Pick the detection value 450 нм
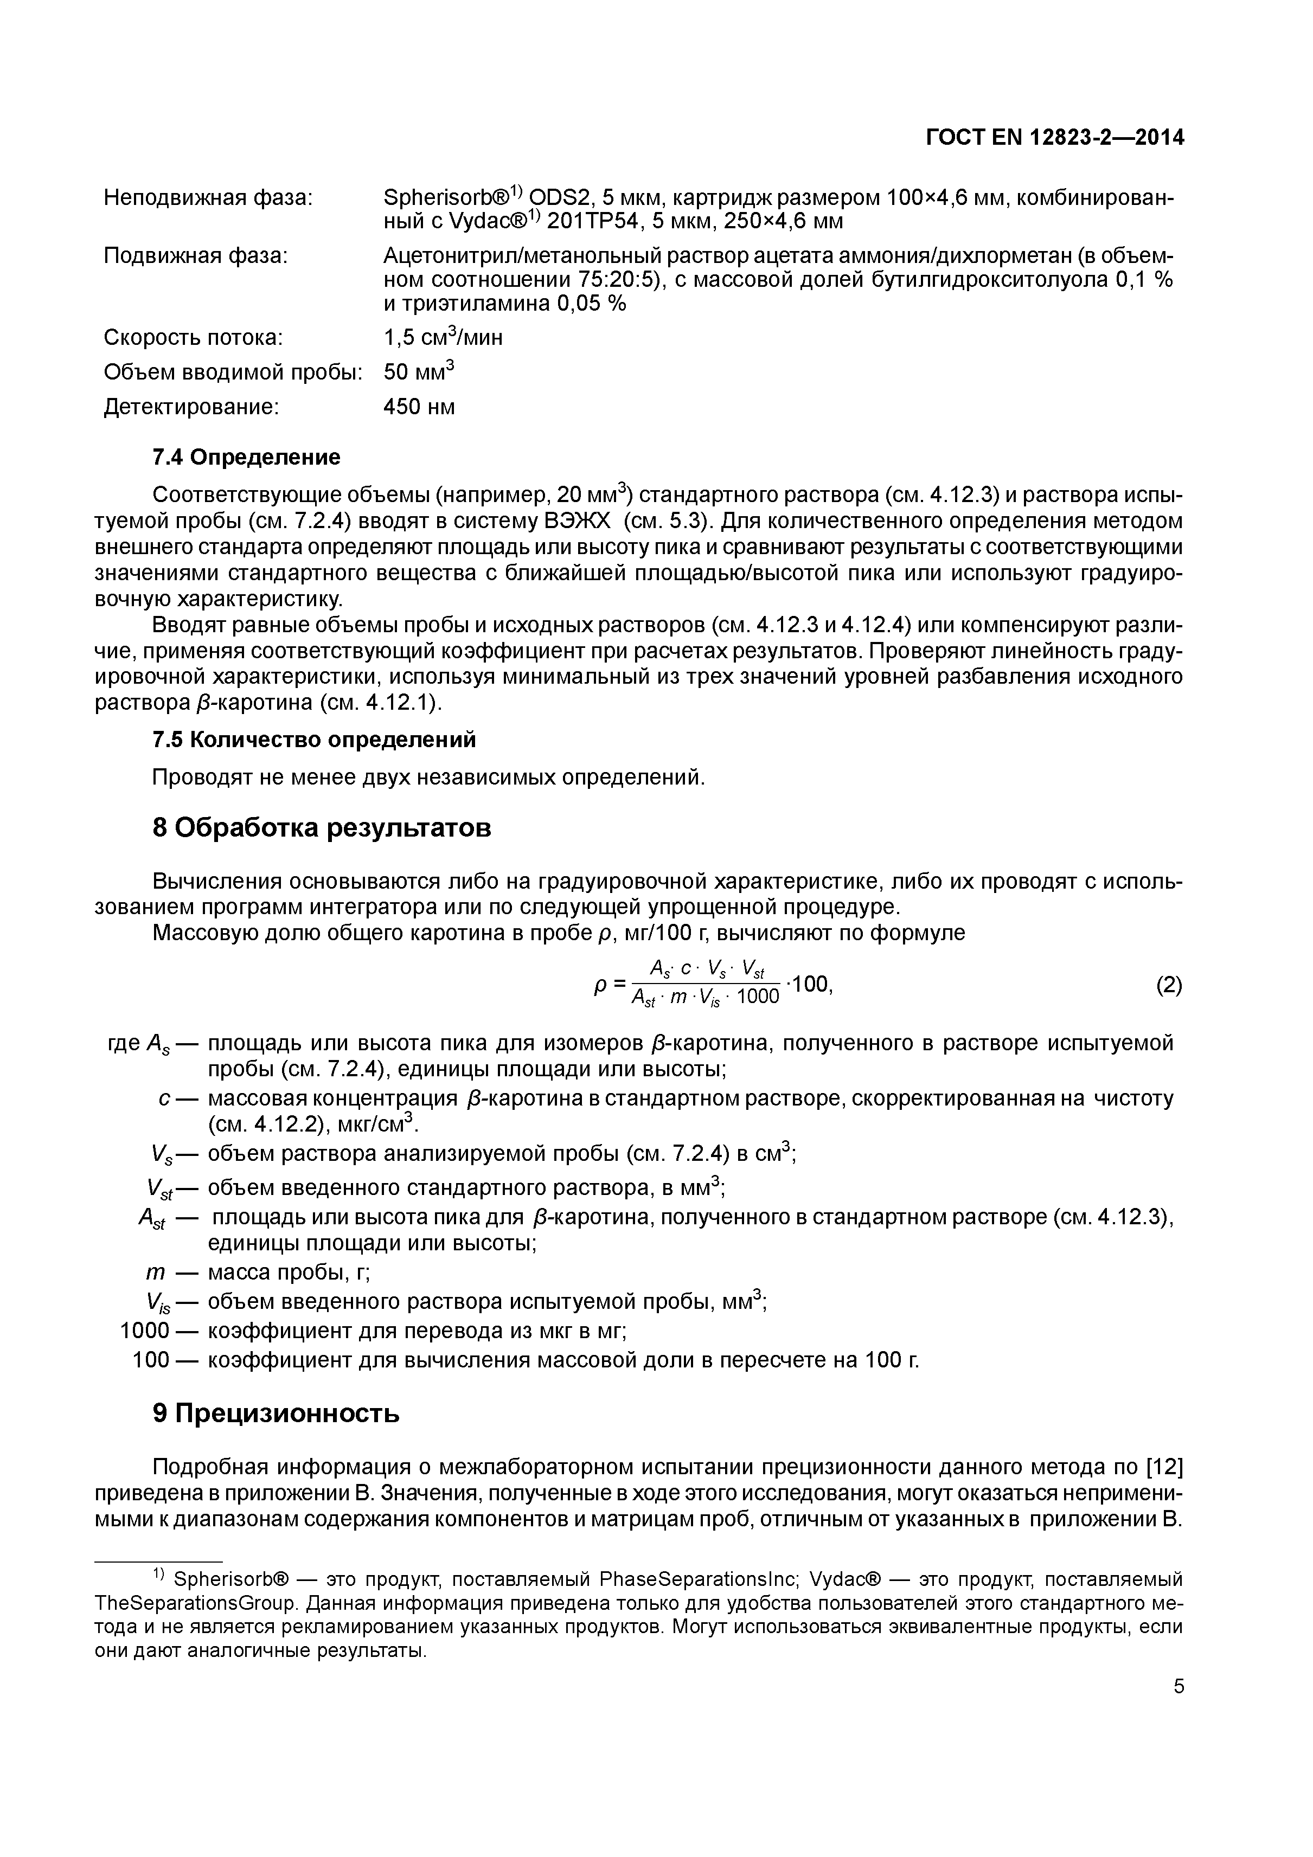419,406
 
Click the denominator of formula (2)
704,997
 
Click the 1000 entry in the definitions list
145,1331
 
